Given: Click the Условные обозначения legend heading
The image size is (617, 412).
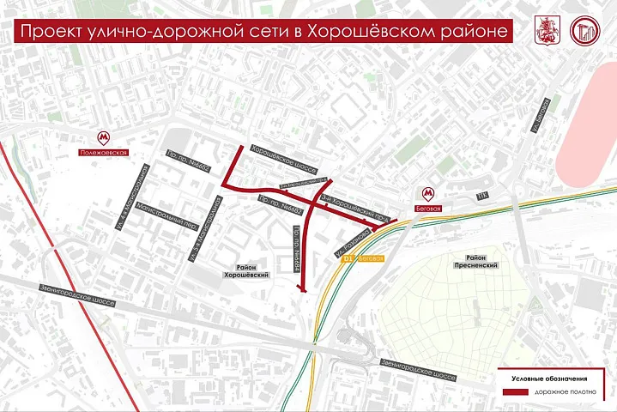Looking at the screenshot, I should point(549,378).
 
